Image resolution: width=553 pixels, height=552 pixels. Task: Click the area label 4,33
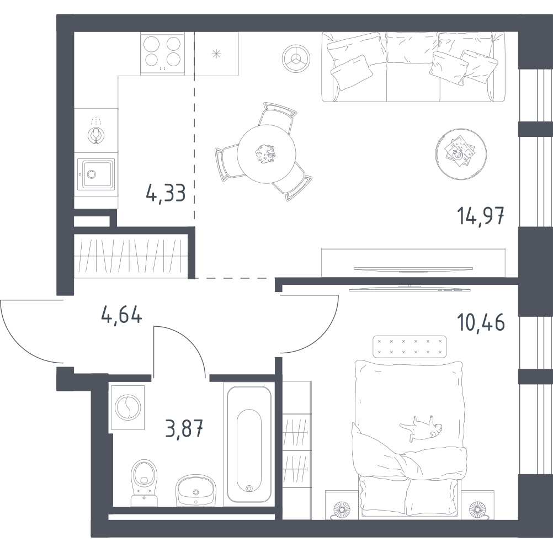[x=166, y=194]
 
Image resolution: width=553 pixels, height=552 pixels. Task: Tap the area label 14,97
[x=481, y=216]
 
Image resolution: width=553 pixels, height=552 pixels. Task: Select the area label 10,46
[x=481, y=323]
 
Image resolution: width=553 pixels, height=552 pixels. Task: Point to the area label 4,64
[x=121, y=315]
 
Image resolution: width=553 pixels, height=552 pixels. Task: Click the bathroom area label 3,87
[x=184, y=428]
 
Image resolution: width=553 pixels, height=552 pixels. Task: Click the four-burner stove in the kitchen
[x=162, y=54]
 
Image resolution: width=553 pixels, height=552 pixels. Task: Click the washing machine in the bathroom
[x=127, y=407]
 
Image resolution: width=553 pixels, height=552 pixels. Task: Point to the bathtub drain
[x=249, y=488]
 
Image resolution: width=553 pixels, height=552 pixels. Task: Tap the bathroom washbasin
[x=195, y=490]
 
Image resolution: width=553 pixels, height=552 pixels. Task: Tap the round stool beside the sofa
[x=296, y=59]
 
